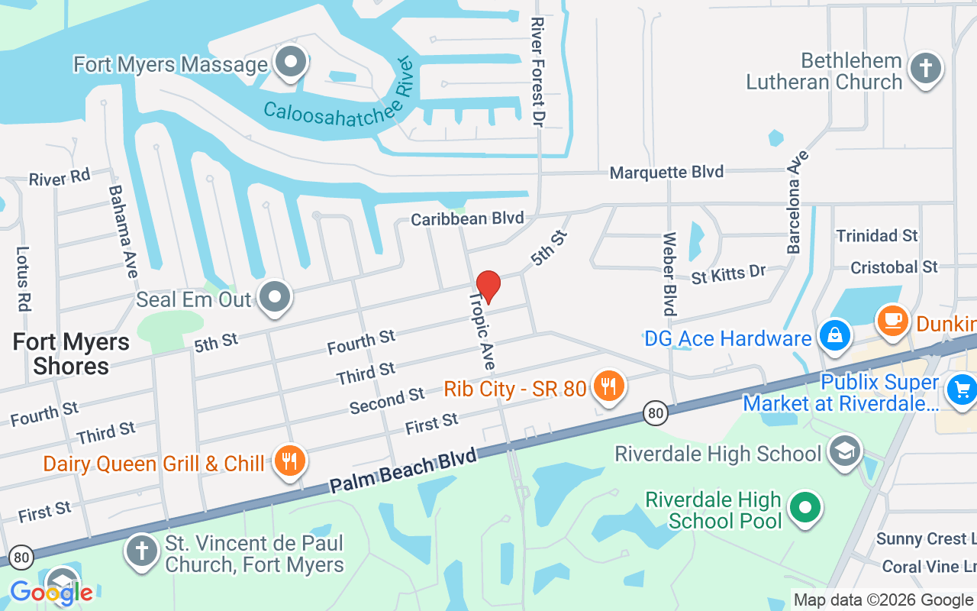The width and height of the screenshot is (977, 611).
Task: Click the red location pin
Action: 488,286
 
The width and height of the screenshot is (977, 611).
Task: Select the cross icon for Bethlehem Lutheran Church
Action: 925,67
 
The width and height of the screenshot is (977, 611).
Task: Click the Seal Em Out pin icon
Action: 275,296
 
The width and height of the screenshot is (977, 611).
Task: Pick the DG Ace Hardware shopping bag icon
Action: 835,335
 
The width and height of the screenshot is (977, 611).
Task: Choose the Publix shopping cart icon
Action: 961,390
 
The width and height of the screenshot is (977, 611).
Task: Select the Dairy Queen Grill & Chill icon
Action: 289,461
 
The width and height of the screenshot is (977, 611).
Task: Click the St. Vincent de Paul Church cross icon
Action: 141,551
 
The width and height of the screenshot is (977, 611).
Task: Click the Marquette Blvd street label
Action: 666,173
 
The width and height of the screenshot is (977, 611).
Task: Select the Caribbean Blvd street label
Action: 467,219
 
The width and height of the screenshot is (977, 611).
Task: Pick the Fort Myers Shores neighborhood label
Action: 71,354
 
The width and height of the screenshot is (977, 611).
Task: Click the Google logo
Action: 51,592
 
